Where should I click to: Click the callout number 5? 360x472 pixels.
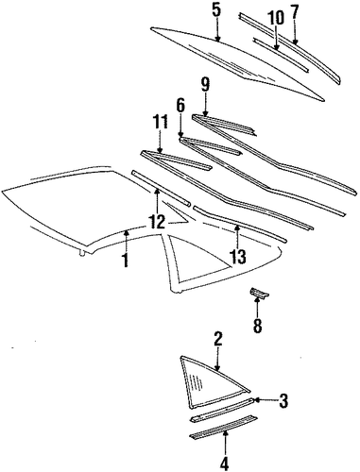[x=216, y=10]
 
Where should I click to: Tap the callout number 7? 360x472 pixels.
[x=294, y=12]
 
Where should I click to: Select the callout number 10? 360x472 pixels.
[x=275, y=18]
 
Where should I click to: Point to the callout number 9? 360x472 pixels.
[x=205, y=85]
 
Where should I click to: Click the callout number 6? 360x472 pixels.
[x=180, y=107]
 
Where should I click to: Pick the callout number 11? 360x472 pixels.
[x=161, y=123]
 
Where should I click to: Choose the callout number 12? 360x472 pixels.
[x=158, y=223]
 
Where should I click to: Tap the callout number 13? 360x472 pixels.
[x=238, y=257]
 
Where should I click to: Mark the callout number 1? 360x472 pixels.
[x=126, y=260]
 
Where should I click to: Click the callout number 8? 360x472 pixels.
[x=257, y=326]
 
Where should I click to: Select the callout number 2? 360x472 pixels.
[x=218, y=340]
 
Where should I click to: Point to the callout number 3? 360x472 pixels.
[x=283, y=401]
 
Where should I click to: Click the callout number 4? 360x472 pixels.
[x=225, y=464]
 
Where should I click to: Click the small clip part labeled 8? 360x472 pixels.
[x=259, y=293]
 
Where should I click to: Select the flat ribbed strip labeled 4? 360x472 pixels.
[x=223, y=427]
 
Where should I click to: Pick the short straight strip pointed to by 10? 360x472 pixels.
[x=281, y=56]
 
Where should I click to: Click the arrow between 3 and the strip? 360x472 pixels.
[x=266, y=400]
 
